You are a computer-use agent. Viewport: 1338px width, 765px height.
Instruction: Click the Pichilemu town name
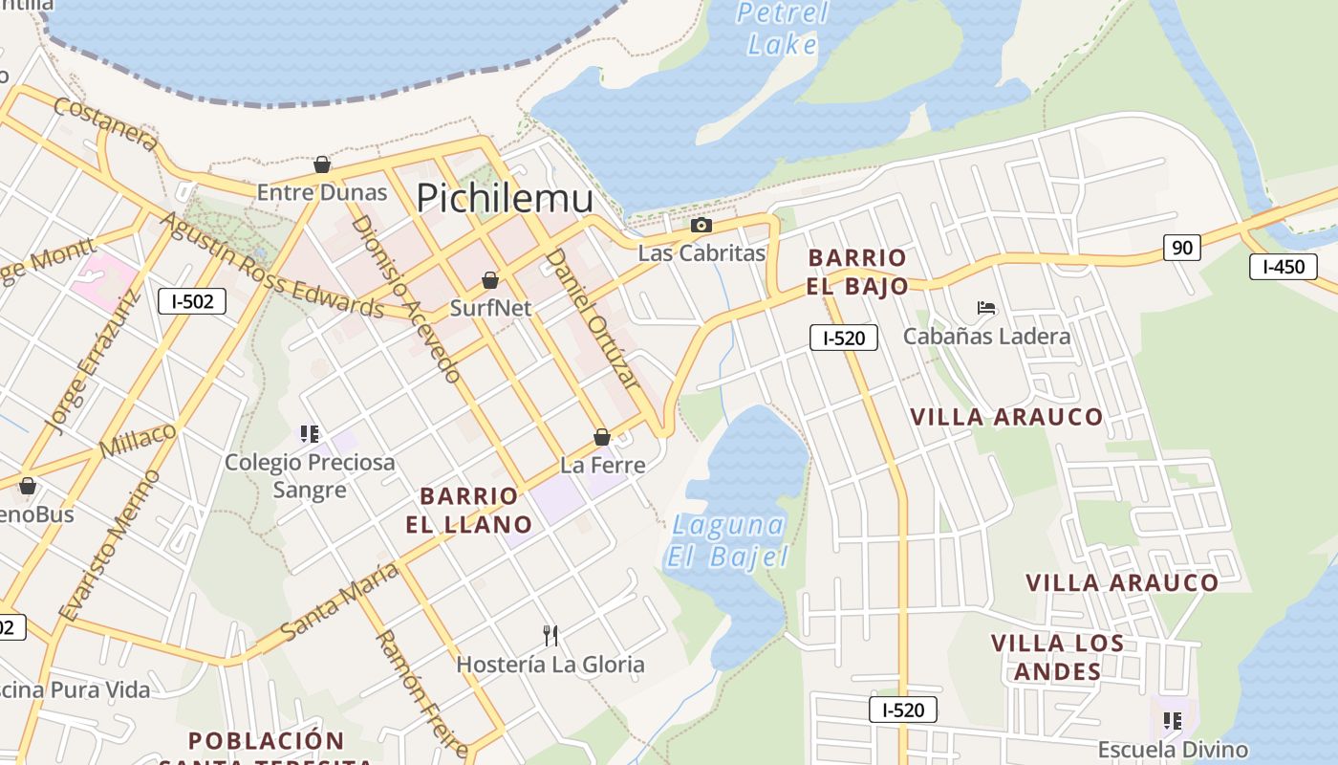pos(505,198)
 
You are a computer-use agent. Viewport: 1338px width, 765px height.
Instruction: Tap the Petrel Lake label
pos(783,28)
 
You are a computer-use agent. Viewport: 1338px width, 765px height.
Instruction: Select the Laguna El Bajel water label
pos(728,540)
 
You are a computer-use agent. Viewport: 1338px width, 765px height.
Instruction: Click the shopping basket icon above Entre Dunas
pos(322,164)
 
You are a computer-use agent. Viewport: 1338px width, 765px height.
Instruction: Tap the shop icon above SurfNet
pos(490,280)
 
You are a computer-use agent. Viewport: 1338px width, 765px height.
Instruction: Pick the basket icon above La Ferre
pos(602,437)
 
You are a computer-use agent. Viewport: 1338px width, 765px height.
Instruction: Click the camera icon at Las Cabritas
pos(701,226)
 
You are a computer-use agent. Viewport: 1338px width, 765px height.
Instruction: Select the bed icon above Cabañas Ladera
pos(986,308)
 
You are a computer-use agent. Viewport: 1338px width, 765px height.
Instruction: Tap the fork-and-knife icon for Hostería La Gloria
pos(550,635)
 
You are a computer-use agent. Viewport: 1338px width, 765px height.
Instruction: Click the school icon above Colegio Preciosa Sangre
pos(309,434)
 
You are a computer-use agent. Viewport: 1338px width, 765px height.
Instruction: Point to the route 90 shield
pos(1182,248)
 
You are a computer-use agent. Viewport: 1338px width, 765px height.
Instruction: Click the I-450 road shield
pos(1283,267)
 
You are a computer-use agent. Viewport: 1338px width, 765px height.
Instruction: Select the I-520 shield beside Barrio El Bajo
pos(843,337)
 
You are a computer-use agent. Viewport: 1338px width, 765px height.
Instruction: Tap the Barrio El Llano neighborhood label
pos(469,510)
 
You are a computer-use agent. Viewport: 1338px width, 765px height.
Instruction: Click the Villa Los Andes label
pos(1057,657)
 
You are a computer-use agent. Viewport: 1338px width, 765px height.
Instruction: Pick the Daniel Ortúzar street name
pos(591,317)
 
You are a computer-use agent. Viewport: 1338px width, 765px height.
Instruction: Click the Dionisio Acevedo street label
pos(407,298)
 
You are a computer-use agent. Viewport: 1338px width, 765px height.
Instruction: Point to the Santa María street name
pos(339,601)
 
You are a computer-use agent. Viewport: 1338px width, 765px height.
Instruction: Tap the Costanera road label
pos(105,123)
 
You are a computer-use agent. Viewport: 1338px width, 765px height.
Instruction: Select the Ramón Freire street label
pos(421,692)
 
